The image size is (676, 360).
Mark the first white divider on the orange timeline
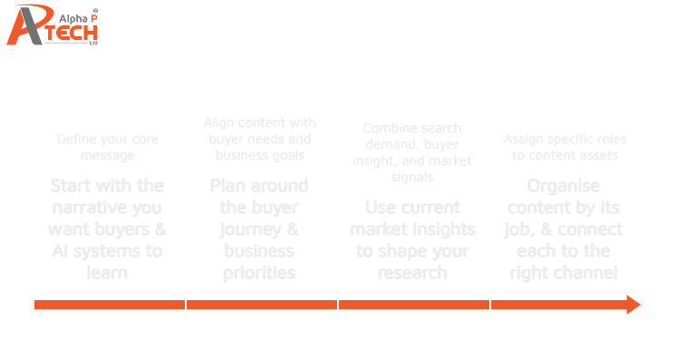coord(186,305)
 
